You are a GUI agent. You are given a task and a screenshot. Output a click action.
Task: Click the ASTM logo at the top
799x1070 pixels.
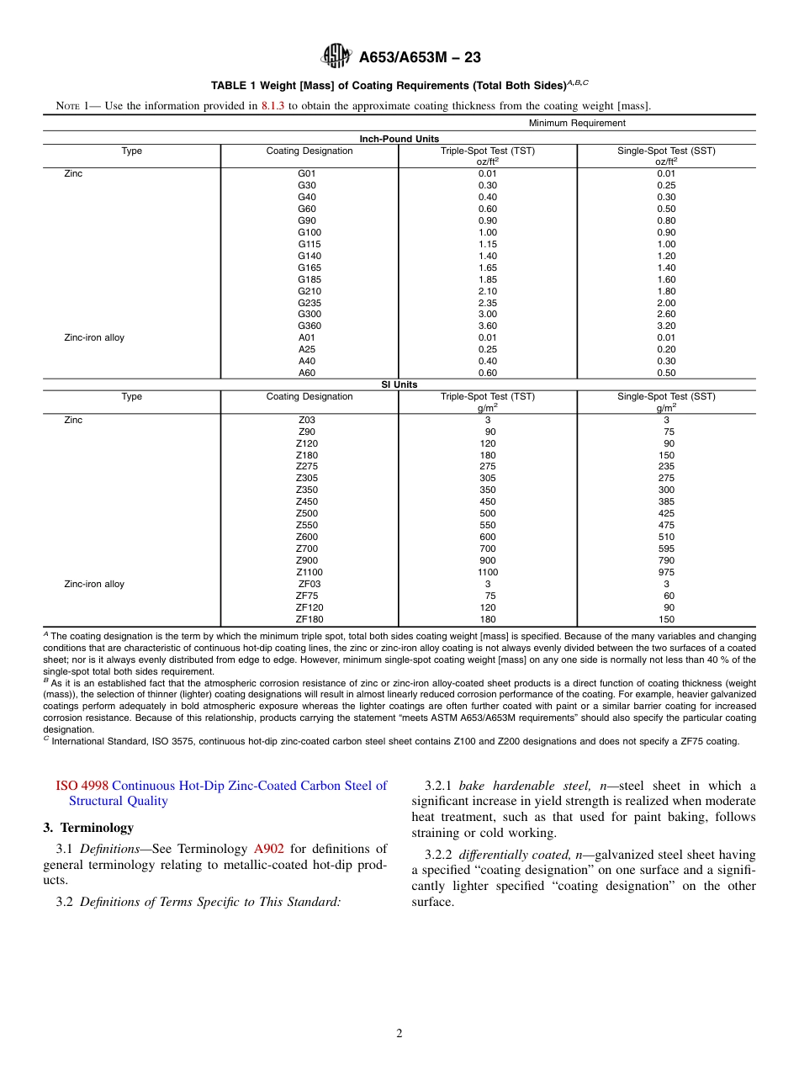click(336, 56)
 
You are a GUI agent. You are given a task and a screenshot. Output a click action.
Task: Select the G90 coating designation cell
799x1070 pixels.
click(307, 220)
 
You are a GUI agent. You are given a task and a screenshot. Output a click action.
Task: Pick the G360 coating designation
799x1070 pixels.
click(309, 326)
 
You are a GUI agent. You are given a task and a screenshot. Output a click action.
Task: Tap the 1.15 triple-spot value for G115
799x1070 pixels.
click(487, 244)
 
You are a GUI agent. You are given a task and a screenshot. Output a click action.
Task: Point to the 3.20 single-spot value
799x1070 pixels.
click(666, 326)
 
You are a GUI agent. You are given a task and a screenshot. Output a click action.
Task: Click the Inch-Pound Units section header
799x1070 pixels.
click(399, 139)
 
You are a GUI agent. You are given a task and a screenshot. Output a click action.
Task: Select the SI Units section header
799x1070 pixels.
click(399, 384)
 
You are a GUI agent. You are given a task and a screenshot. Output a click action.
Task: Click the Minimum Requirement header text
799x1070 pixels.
click(577, 123)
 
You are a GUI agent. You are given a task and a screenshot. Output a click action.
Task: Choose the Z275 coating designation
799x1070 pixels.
click(307, 466)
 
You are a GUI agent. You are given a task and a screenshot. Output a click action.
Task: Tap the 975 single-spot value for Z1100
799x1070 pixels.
click(666, 572)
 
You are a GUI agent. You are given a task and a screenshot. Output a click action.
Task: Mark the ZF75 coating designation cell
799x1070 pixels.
click(307, 596)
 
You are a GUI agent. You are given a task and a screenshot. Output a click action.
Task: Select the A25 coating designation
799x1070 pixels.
click(307, 349)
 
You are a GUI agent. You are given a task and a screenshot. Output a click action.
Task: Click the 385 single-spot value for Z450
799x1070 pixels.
click(666, 501)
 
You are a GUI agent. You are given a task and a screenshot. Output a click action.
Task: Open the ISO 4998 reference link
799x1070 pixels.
click(82, 786)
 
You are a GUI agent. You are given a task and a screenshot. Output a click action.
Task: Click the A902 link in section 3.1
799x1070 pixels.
click(267, 849)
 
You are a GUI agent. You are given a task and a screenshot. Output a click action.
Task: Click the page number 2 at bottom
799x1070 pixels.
click(399, 1034)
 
